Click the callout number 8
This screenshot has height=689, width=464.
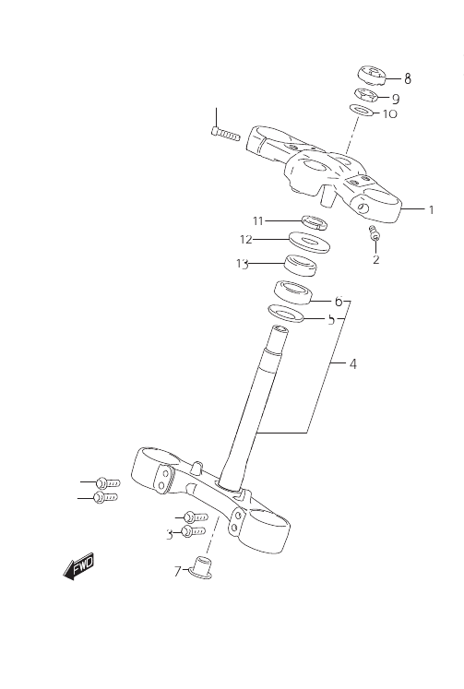[x=408, y=79]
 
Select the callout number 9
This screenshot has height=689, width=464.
[x=396, y=99]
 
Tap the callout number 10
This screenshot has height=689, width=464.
[x=390, y=113]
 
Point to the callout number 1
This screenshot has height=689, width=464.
[x=432, y=209]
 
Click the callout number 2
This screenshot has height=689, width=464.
[x=375, y=259]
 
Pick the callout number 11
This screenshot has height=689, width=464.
[x=258, y=220]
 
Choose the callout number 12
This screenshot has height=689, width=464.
[x=246, y=240]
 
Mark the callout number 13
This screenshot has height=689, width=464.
[x=242, y=264]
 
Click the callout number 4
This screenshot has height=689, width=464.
[x=352, y=363]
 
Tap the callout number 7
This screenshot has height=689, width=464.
[x=177, y=572]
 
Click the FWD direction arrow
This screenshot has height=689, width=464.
[x=78, y=566]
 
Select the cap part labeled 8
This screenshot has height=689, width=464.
[x=372, y=75]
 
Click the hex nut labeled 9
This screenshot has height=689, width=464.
[x=365, y=95]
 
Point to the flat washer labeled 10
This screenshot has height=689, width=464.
[x=362, y=110]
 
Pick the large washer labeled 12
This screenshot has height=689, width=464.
[x=310, y=242]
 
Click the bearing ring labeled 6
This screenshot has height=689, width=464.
[x=293, y=292]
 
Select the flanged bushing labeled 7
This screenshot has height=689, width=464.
[x=201, y=567]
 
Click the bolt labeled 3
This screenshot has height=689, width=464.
[x=194, y=531]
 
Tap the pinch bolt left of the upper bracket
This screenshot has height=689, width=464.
[x=225, y=134]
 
